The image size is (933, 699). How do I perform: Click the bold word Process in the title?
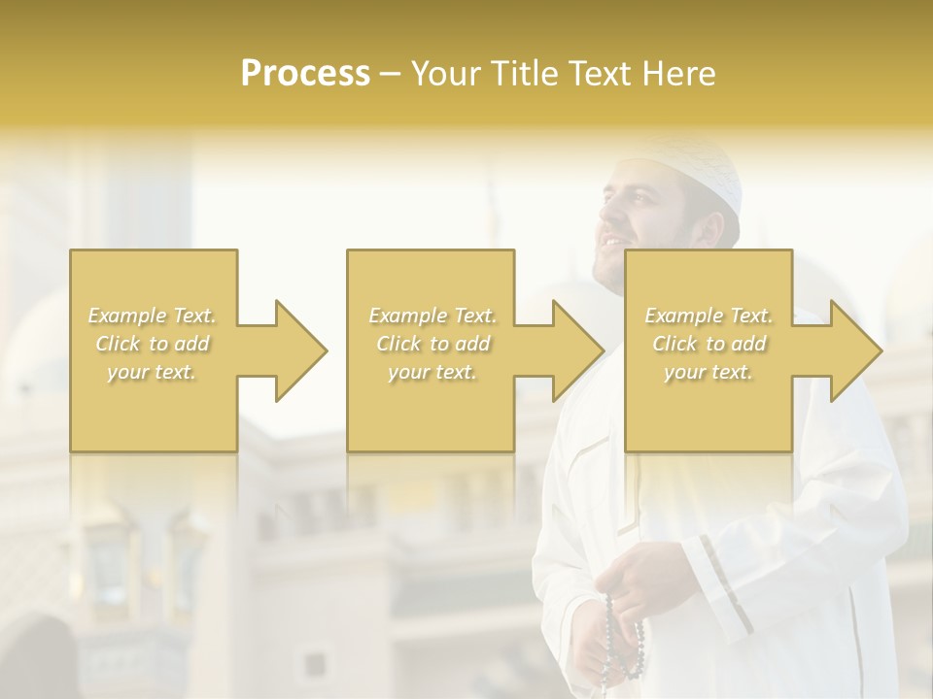[x=305, y=74]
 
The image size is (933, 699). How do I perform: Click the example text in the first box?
[x=152, y=344]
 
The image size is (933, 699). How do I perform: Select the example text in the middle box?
[x=432, y=344]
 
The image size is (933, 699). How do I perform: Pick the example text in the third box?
[x=708, y=344]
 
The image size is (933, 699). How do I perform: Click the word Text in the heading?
[x=604, y=74]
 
